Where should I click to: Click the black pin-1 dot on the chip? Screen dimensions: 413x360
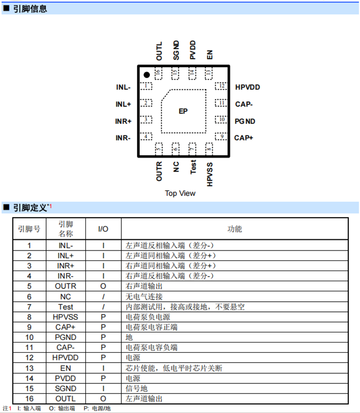(x=147, y=75)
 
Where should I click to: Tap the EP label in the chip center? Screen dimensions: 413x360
(x=183, y=111)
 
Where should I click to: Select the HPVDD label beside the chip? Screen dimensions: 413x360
(x=248, y=87)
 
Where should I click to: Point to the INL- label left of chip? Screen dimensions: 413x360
(x=123, y=87)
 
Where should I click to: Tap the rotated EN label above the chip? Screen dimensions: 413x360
(x=210, y=55)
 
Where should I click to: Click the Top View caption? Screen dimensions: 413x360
(x=180, y=193)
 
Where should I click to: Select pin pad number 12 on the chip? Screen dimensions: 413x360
(x=221, y=86)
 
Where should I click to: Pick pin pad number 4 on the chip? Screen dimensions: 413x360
(x=146, y=137)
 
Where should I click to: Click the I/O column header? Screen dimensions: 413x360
(x=103, y=229)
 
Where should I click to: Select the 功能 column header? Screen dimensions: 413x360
(x=235, y=229)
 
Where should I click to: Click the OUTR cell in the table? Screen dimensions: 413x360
(x=66, y=286)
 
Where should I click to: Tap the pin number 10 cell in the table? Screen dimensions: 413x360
(x=29, y=337)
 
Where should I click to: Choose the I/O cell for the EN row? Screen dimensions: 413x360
(x=103, y=368)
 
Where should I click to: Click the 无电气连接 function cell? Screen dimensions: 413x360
(x=144, y=297)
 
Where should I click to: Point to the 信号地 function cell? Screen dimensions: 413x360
(x=137, y=389)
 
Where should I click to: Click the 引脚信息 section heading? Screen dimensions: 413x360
(x=30, y=8)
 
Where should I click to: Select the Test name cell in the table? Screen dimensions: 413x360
(x=66, y=307)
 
